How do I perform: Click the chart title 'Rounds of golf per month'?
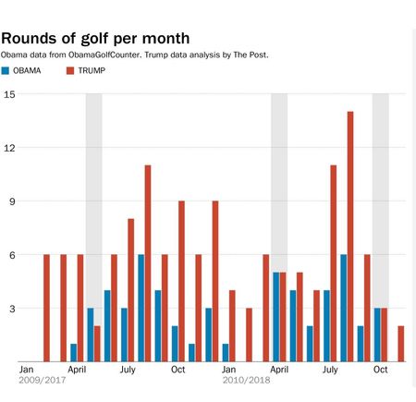(95, 38)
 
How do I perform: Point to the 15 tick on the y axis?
(8, 94)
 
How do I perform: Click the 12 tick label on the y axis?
(8, 148)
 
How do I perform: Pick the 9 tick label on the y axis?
(8, 201)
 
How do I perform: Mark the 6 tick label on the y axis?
(8, 255)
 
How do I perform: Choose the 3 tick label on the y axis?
(8, 309)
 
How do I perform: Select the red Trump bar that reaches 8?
(131, 290)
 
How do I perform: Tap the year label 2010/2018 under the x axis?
(246, 379)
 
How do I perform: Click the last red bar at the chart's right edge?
(401, 344)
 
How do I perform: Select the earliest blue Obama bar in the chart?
(73, 352)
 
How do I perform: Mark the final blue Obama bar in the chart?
(376, 335)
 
